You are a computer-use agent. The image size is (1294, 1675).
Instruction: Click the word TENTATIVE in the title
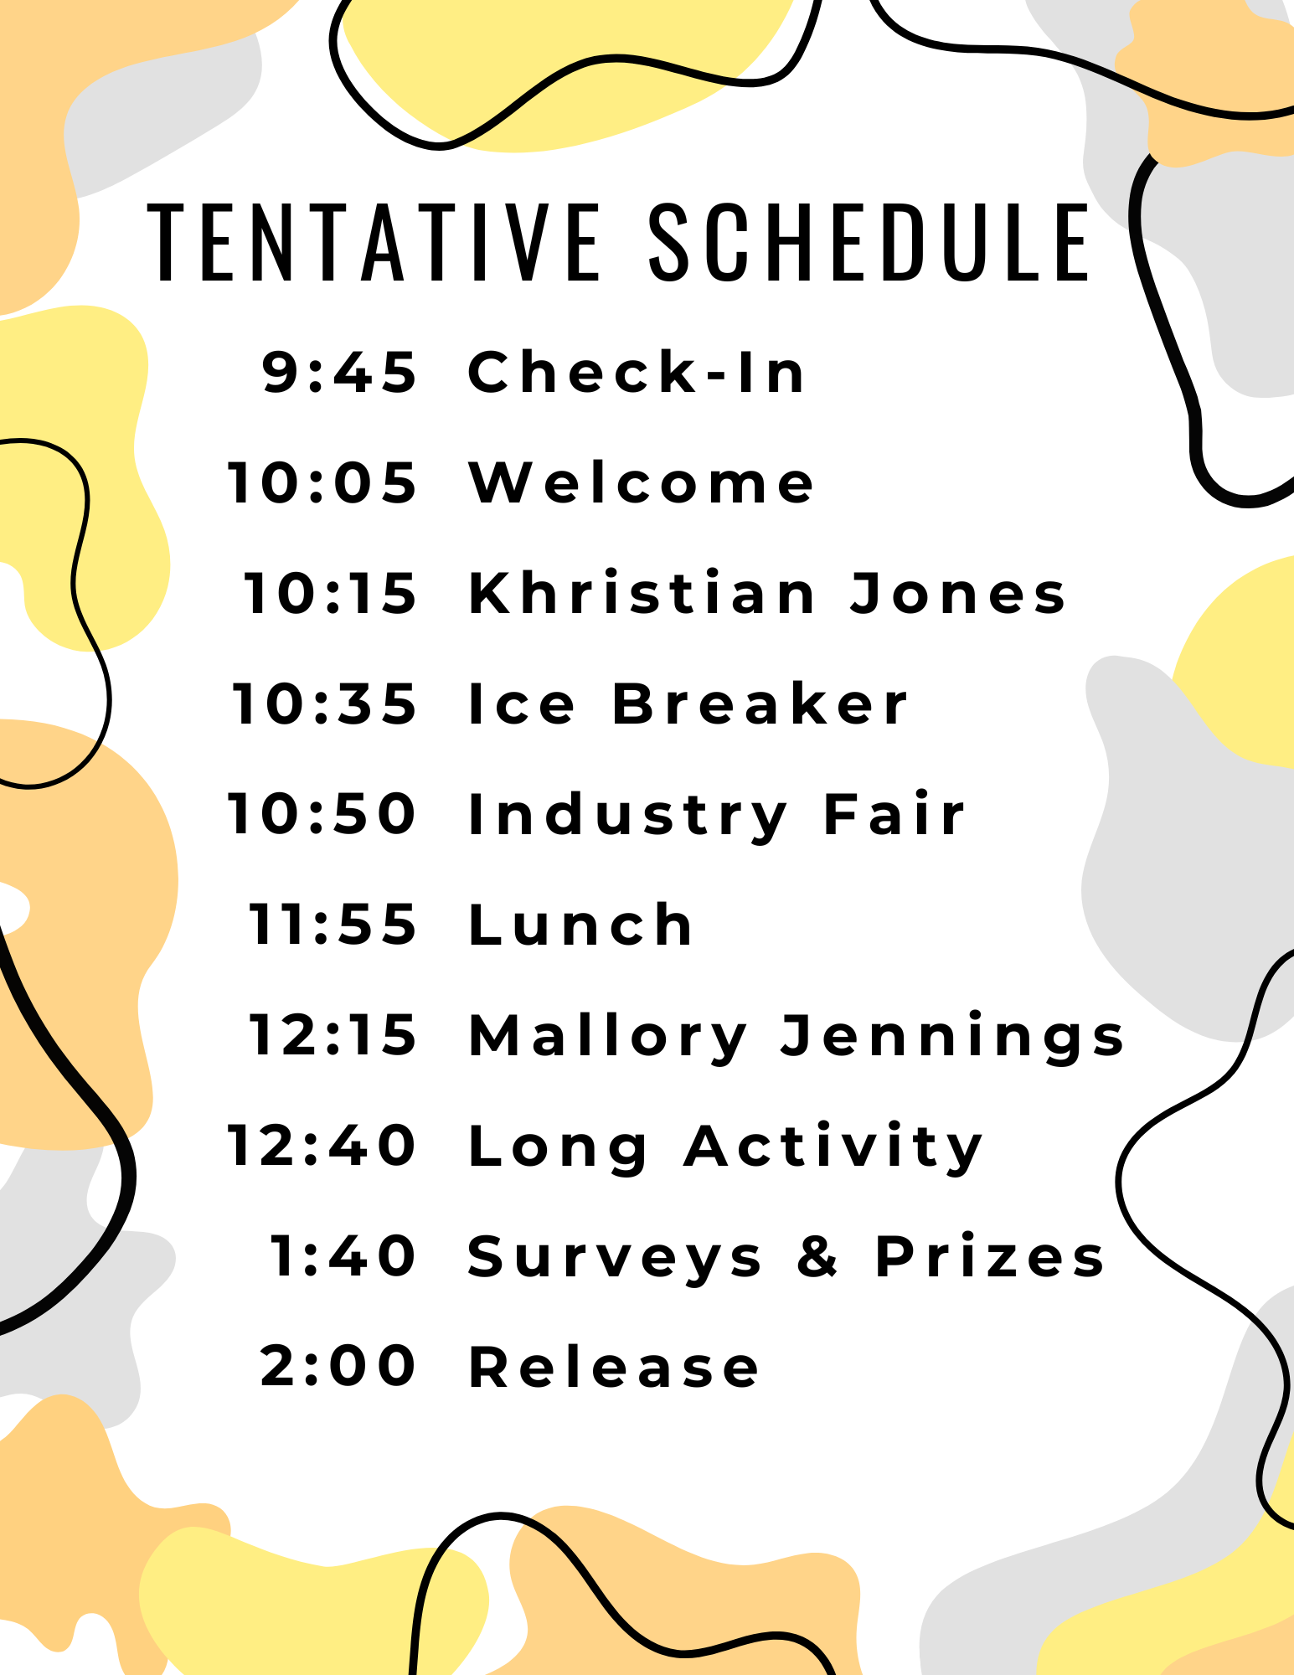[x=374, y=242]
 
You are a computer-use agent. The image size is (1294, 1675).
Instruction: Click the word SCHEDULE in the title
[x=870, y=242]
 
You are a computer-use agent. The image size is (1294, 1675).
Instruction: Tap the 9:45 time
[x=339, y=372]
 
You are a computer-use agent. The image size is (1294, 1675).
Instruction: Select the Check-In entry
[x=637, y=372]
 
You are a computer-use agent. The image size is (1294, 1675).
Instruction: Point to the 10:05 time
[x=322, y=483]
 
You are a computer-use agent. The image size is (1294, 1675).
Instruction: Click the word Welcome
[x=641, y=483]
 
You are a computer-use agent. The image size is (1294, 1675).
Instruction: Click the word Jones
[x=958, y=594]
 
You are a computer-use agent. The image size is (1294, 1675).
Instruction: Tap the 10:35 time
[x=324, y=703]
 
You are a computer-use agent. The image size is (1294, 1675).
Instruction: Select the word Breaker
[x=760, y=703]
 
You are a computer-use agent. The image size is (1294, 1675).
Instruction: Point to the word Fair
[x=894, y=814]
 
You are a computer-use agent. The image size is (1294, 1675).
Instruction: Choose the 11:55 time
[x=333, y=925]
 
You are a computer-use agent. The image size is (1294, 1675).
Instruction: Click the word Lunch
[x=580, y=925]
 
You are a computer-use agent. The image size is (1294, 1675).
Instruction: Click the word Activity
[x=834, y=1147]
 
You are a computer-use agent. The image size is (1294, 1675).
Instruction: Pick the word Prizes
[x=990, y=1256]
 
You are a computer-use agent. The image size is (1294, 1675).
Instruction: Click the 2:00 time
[x=338, y=1366]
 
